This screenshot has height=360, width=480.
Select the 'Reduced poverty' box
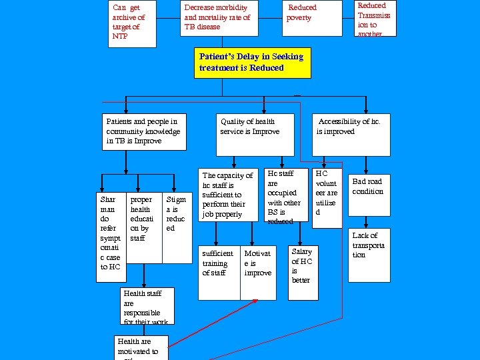[x=311, y=18]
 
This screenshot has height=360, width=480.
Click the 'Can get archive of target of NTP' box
[x=132, y=23]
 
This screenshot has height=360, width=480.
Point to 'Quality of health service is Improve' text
[x=249, y=127]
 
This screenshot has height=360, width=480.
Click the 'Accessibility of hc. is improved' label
[x=349, y=127]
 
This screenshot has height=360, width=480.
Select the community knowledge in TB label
[x=143, y=131]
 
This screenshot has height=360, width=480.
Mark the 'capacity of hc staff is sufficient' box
[x=229, y=194]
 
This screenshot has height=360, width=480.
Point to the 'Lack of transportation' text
[x=369, y=245]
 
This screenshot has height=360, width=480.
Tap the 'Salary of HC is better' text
[x=302, y=265]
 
